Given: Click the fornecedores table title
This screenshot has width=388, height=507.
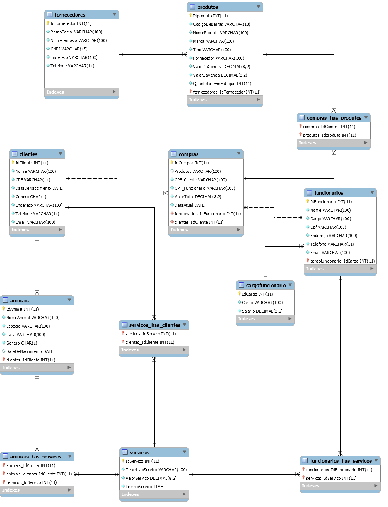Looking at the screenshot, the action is coord(70,15).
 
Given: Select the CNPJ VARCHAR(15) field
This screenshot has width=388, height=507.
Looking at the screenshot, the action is coord(69,49).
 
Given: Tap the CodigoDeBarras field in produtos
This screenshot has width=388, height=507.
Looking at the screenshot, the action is coord(222,24).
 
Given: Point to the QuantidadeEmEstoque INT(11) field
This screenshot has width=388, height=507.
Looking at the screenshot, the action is coord(222,84).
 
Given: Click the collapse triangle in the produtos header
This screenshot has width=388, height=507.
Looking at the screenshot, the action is coord(259,7).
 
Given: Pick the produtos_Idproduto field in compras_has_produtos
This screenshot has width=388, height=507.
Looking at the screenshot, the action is coord(329,135).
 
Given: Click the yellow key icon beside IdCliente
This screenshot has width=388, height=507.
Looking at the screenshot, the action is coord(13,162).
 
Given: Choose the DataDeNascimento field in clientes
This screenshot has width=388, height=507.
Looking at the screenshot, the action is coord(39,188).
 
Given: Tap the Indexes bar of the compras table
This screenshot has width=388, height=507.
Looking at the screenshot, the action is coord(206,230).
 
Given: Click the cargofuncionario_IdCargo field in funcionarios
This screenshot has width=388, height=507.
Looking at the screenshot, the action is coord(342,261).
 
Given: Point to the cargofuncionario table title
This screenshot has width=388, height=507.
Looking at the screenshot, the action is coord(265,286).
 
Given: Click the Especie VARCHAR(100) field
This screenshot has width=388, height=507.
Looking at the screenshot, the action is coord(28,326).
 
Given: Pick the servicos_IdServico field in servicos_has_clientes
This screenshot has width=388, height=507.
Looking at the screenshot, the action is coord(150,334).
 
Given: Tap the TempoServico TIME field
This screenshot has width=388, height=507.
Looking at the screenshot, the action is coord(144,487).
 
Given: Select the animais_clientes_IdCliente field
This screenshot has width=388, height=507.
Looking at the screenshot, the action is coord(39,474).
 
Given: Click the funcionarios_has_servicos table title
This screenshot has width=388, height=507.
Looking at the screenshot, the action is coord(341,461).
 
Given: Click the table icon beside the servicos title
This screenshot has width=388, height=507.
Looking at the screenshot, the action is coord(124,452).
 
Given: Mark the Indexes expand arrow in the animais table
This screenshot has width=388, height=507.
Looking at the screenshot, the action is coord(69,368).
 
